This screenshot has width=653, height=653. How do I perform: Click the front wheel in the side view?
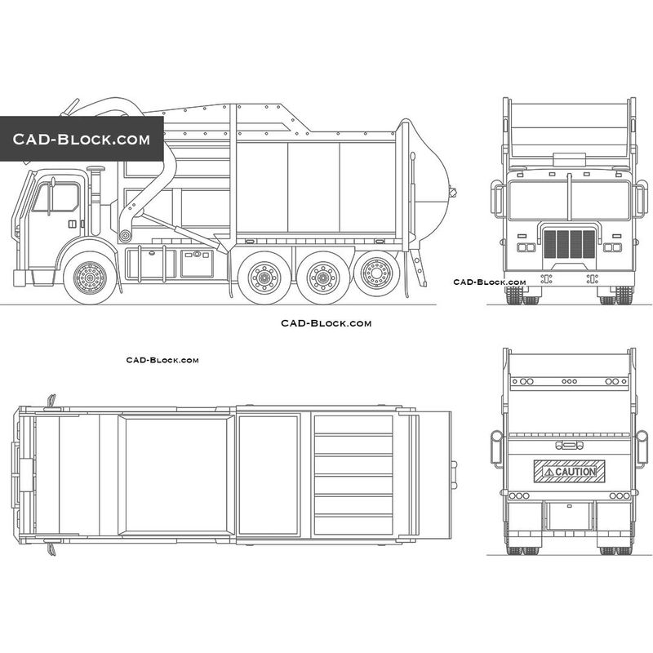pos(90,278)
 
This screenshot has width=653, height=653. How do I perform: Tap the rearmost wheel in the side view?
pos(377,273)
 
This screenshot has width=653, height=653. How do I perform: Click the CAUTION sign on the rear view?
pos(569,472)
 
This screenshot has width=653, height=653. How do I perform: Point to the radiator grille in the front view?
pos(569,243)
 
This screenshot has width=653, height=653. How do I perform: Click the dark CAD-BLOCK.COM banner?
pos(82,139)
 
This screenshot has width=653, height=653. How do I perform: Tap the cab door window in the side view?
pos(56,197)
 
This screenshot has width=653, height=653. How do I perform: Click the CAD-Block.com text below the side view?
pos(326,323)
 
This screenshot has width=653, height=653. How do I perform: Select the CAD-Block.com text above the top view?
pos(162,360)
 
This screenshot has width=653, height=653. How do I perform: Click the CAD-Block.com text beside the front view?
pos(490,282)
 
